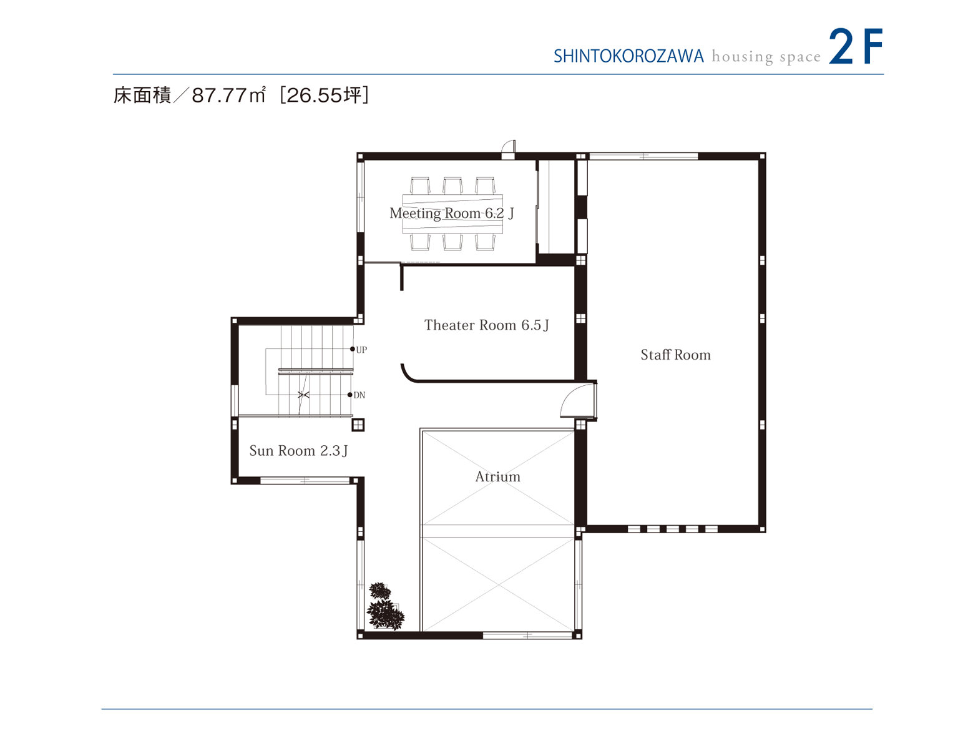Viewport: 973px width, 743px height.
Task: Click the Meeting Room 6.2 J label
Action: pos(451,214)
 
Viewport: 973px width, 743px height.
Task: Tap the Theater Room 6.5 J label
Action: pos(486,325)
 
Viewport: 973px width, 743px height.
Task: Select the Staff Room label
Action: pos(675,355)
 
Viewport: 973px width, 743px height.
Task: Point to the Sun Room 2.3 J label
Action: pos(298,451)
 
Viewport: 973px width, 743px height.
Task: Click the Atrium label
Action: pos(497,477)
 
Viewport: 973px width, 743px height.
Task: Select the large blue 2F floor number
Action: pos(855,47)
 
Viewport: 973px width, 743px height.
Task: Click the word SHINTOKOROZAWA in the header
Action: pos(628,57)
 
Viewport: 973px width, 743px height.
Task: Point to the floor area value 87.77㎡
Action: pos(229,96)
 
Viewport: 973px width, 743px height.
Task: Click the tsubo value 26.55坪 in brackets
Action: pos(325,96)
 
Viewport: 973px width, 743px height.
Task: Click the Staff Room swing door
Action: pos(577,401)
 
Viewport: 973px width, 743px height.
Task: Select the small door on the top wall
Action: pos(509,149)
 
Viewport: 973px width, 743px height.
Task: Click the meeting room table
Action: pos(452,214)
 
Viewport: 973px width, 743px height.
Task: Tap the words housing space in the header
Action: pos(766,57)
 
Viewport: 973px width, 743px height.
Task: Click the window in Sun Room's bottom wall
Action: pos(305,480)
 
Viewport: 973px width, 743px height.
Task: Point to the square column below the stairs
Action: pos(358,425)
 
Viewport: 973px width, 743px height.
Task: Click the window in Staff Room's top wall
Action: pos(643,156)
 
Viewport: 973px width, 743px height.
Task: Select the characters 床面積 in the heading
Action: pos(142,96)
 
